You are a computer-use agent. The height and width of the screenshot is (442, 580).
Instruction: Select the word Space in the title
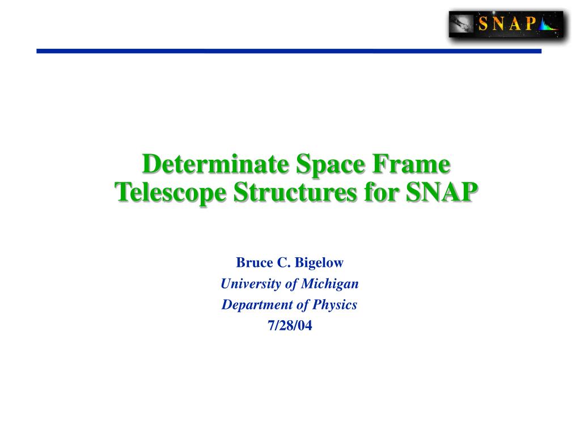[x=331, y=164]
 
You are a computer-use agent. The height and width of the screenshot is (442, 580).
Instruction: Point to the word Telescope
[x=171, y=193]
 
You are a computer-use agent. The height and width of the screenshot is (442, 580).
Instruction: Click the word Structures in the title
[x=295, y=193]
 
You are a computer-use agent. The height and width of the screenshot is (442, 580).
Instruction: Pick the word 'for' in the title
[x=380, y=192]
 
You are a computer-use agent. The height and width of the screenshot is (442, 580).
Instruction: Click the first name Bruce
[x=255, y=262]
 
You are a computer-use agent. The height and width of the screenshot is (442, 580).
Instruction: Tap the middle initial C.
[x=283, y=262]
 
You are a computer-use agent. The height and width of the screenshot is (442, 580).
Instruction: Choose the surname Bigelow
[x=319, y=263]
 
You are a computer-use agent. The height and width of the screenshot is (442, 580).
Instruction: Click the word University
[x=251, y=284]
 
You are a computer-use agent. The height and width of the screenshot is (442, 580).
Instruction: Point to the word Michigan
[x=330, y=284]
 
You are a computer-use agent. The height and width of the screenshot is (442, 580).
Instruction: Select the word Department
[x=257, y=305]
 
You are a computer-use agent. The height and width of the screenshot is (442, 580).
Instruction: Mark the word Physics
[x=335, y=305]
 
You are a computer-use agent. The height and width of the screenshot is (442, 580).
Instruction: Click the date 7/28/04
[x=290, y=326]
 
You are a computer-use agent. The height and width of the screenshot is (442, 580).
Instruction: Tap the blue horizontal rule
[x=289, y=51]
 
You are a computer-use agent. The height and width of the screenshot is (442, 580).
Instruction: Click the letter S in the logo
[x=483, y=24]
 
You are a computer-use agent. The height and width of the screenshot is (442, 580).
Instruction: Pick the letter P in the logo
[x=532, y=23]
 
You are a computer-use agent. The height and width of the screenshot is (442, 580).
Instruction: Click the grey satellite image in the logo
[x=462, y=24]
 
